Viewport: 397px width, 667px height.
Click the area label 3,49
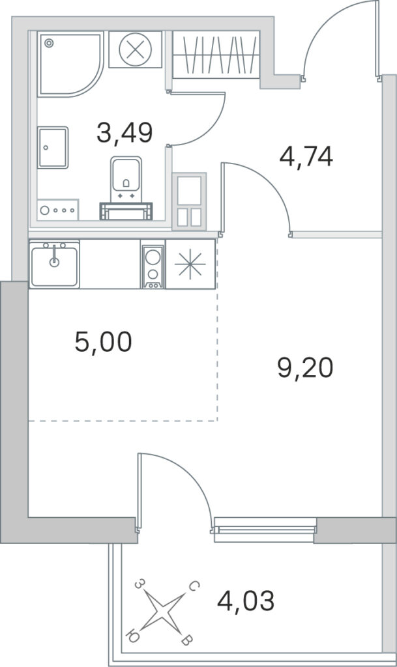coord(125,132)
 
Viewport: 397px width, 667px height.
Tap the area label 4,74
coord(306,156)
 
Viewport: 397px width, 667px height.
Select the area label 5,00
coord(103,342)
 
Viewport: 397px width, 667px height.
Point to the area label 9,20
coord(305,368)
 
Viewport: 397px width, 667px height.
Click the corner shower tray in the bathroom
coord(70,64)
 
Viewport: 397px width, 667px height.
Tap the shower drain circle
coord(50,42)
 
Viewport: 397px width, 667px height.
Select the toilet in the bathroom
coord(126,187)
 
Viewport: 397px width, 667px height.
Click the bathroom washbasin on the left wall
coord(53,148)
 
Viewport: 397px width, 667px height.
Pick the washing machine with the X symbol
coord(136,50)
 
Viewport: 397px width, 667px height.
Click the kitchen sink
coord(55,264)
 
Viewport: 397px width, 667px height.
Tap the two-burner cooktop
coord(153,264)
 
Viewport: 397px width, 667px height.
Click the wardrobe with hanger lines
coord(216,55)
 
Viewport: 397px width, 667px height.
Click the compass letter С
coord(193,587)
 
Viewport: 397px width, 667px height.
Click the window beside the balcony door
coord(265,530)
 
